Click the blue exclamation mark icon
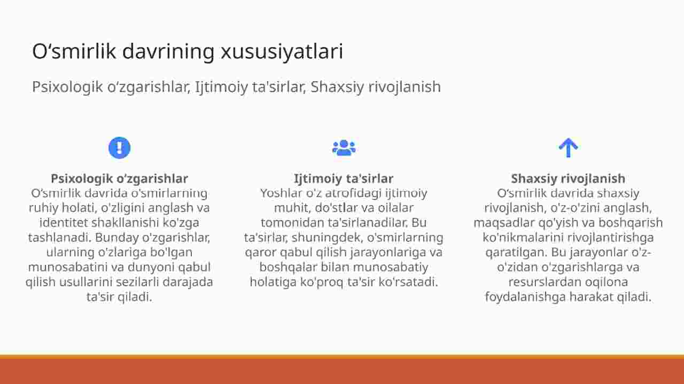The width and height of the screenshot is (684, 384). point(119,148)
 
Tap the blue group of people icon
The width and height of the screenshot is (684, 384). point(344,148)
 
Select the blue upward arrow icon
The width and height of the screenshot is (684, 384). point(568,148)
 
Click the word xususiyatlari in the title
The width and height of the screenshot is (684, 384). point(282,51)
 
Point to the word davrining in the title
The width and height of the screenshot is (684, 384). point(168,51)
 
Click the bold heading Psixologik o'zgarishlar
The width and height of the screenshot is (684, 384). point(119,178)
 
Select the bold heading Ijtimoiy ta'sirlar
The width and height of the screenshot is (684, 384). point(344,178)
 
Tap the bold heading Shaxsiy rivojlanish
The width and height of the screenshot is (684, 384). point(568,178)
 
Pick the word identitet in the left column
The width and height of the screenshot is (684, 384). point(64,223)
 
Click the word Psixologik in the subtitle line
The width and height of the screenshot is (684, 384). point(67,87)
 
